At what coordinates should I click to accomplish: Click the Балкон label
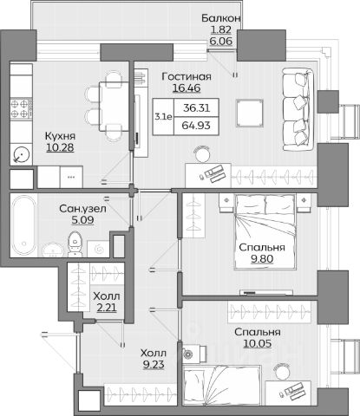tap(221, 18)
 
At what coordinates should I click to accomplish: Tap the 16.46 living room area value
tap(187, 88)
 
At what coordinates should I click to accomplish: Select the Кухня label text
tap(60, 136)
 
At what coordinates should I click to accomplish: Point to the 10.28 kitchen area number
tap(60, 147)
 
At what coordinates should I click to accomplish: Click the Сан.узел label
tap(82, 209)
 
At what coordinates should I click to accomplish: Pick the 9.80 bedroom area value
tap(262, 259)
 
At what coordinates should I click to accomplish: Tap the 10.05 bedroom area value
tap(258, 344)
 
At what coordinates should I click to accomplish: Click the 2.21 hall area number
tap(107, 308)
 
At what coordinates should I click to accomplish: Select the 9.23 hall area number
tap(154, 365)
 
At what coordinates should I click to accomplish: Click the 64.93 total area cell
tap(196, 126)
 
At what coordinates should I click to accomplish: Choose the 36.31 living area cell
tap(196, 108)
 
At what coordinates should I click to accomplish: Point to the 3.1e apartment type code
tap(163, 117)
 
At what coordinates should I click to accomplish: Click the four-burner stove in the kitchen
tap(21, 108)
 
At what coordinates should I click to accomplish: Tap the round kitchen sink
tap(22, 154)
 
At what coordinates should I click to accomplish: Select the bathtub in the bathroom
tap(23, 225)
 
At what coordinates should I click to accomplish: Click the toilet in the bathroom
tap(75, 244)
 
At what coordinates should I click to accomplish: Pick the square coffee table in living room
tap(250, 113)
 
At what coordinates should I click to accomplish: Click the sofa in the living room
tap(298, 109)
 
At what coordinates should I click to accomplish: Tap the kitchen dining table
tap(114, 107)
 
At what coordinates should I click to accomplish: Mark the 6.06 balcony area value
tap(221, 41)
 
